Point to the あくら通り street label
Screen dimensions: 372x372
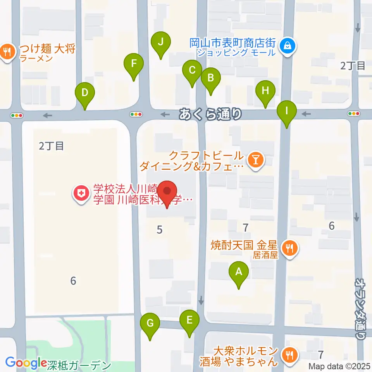211,114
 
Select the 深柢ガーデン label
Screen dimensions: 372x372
79,365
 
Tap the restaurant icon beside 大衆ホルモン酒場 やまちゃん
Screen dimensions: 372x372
289,356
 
